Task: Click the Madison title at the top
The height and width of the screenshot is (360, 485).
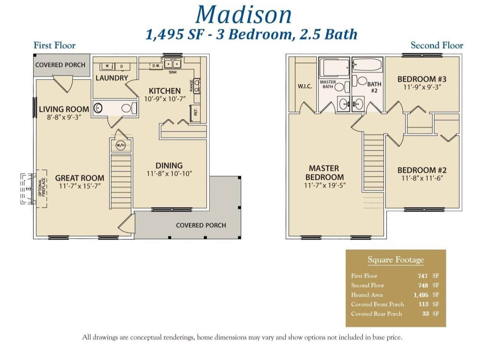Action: [x=243, y=14]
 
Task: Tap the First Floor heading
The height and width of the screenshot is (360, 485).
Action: [x=54, y=46]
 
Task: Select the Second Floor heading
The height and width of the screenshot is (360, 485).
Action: [x=437, y=46]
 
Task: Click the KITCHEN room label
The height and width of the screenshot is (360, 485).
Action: [x=164, y=91]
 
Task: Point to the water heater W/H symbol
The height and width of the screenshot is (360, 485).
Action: [x=121, y=145]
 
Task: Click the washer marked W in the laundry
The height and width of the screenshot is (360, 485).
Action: [x=107, y=66]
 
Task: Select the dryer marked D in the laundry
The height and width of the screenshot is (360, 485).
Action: [x=122, y=66]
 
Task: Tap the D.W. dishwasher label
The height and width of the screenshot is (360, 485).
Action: [x=156, y=66]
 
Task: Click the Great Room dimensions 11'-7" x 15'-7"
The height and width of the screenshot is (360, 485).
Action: [x=80, y=186]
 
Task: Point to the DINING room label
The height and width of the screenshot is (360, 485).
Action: [x=169, y=165]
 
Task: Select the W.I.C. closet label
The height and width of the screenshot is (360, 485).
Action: [x=305, y=86]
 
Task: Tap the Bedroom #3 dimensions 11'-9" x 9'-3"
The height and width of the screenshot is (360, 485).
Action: [x=421, y=87]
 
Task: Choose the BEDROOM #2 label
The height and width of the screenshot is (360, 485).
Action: [x=422, y=170]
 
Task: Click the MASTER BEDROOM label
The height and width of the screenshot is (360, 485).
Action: [x=324, y=173]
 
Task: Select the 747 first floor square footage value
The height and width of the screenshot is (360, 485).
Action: [x=423, y=276]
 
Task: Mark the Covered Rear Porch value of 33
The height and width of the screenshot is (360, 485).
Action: [x=425, y=314]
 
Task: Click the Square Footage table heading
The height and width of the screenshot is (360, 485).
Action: [x=395, y=260]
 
